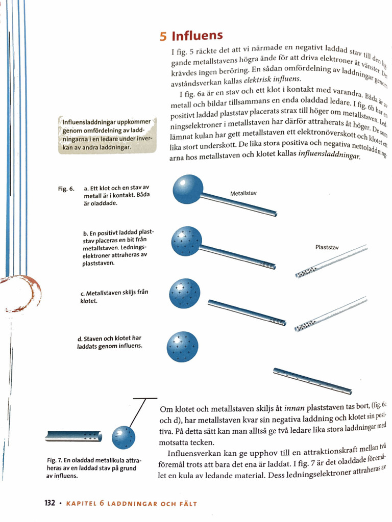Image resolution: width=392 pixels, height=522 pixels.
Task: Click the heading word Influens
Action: pos(197,36)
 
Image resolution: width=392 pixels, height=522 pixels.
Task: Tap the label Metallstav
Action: pos(243,194)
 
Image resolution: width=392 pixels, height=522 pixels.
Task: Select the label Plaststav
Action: pos(327,248)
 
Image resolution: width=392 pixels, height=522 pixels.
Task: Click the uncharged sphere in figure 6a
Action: pos(188,190)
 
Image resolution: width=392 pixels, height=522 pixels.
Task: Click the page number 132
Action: pos(50,503)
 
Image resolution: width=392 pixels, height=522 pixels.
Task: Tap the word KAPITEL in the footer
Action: pos(82,503)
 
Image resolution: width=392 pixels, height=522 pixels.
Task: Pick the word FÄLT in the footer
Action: pos(186,503)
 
